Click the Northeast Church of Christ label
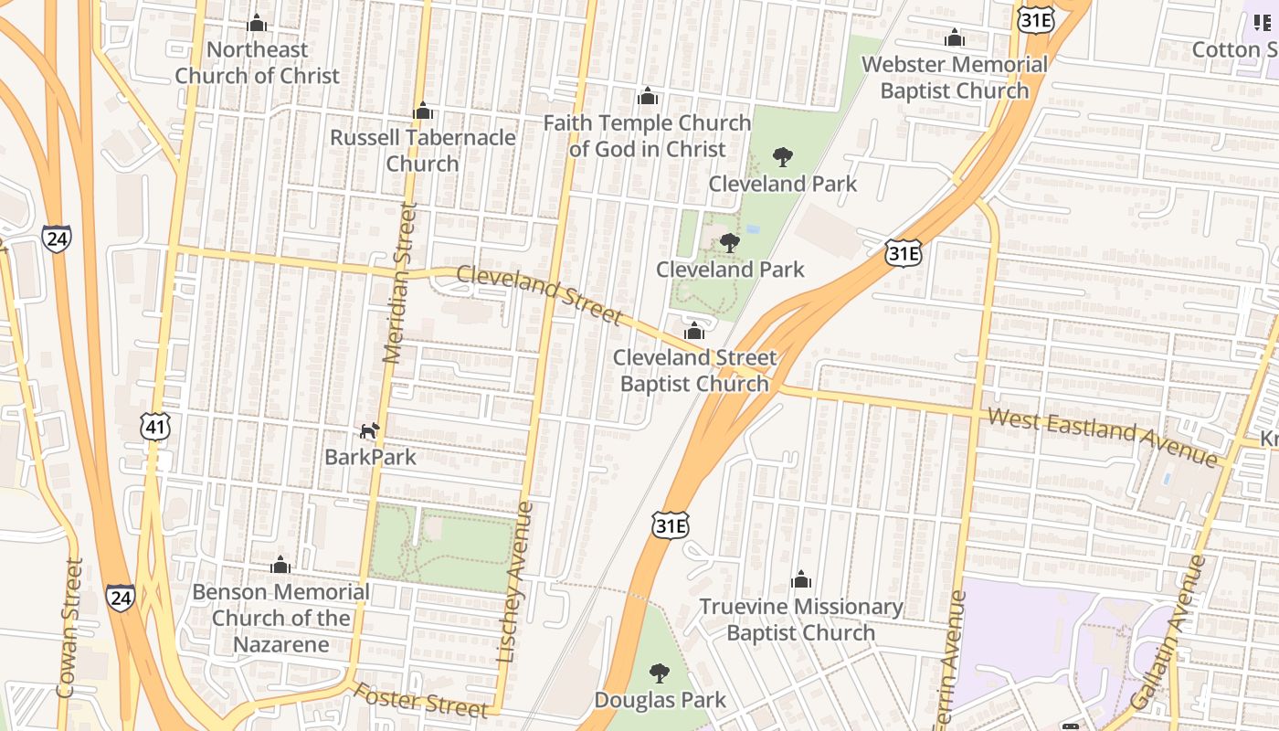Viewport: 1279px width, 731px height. (257, 63)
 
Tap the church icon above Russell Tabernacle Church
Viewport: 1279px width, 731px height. (422, 111)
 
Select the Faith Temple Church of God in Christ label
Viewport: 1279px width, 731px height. (647, 136)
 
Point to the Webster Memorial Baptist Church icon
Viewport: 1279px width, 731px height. (955, 38)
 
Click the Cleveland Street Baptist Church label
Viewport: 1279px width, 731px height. (694, 370)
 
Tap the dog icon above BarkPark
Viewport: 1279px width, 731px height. (368, 431)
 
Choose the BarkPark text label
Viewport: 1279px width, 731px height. (370, 457)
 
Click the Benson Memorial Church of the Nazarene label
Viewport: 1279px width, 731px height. (280, 618)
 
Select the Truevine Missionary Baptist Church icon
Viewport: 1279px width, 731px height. (801, 579)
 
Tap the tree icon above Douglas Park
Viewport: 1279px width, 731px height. (659, 674)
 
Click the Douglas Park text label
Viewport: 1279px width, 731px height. (660, 700)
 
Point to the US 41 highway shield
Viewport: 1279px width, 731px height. (156, 426)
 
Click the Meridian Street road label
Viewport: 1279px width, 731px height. (400, 283)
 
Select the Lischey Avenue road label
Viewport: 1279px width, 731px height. (514, 581)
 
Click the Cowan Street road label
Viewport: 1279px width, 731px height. (69, 629)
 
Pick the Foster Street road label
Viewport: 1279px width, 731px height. (421, 699)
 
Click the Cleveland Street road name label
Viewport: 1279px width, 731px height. (539, 294)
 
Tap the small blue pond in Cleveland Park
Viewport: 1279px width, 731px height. (752, 229)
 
